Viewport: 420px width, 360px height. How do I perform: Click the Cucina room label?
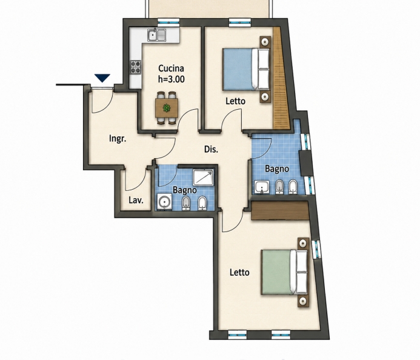coord(171,68)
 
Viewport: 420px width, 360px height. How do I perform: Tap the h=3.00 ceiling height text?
coord(172,79)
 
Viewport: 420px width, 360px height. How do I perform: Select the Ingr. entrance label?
coord(118,139)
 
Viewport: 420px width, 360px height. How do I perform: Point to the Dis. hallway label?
coord(211,149)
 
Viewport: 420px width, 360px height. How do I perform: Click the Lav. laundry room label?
coord(136,200)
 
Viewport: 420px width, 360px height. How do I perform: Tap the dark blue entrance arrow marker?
coord(102,78)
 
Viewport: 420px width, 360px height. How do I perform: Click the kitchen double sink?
coord(157,35)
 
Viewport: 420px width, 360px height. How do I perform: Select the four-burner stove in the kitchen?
coord(136,67)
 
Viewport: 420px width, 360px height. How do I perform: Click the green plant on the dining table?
coord(167,108)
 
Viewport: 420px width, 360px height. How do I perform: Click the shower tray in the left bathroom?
coord(204,177)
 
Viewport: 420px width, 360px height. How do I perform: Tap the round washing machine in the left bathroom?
coord(164,201)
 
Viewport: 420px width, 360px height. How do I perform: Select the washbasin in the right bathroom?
coord(262,187)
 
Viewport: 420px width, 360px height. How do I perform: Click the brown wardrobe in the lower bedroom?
coord(279,211)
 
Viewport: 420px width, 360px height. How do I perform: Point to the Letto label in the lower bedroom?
coord(239,273)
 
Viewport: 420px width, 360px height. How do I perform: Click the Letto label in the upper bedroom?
coord(235,101)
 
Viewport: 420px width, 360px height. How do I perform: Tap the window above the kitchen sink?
coord(168,22)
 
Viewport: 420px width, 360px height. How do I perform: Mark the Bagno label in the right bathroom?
coord(277,169)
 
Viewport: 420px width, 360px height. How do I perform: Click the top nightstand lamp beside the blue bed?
coord(265,42)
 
